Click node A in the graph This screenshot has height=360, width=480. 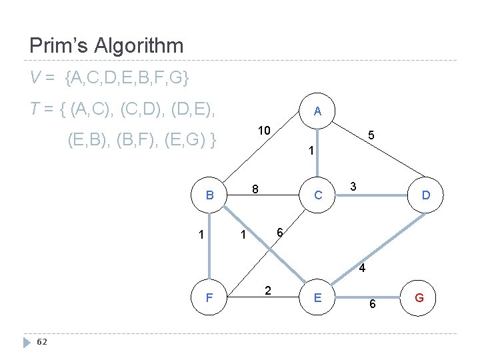(x=317, y=112)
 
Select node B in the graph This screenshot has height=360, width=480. (x=209, y=196)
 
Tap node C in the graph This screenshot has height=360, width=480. (x=317, y=196)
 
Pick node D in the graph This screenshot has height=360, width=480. (x=425, y=196)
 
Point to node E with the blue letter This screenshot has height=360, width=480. (x=317, y=297)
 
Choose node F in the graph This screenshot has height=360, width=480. (x=209, y=297)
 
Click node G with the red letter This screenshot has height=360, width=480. (x=419, y=297)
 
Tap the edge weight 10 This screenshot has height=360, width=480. (x=265, y=130)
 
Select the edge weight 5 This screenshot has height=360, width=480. (x=371, y=135)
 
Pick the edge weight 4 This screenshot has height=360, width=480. (x=361, y=269)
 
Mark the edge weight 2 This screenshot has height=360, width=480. (x=267, y=290)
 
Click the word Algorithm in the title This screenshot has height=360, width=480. (x=139, y=46)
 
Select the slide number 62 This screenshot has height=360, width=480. (x=41, y=342)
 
